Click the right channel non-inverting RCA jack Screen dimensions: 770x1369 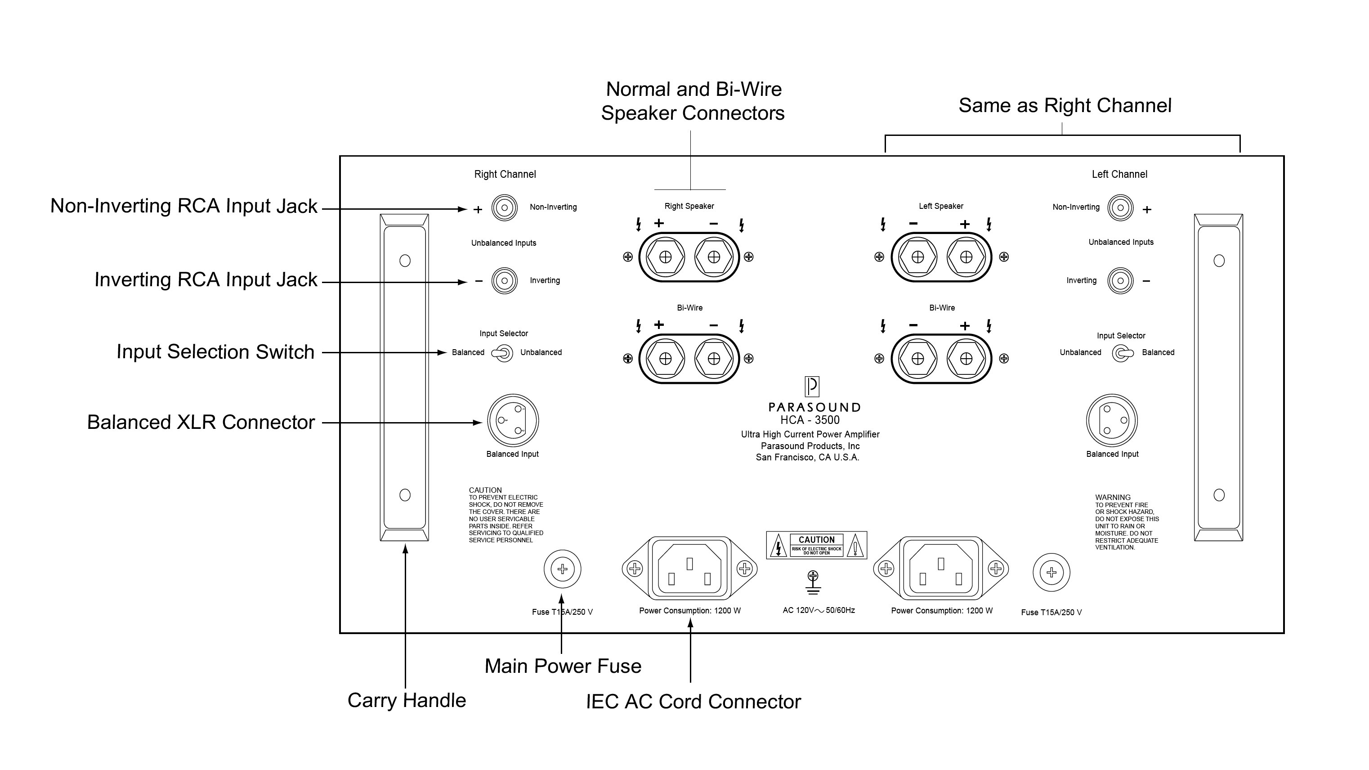pyautogui.click(x=504, y=207)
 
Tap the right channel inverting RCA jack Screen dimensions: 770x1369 pyautogui.click(x=504, y=281)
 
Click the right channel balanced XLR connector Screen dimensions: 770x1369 pyautogui.click(x=513, y=421)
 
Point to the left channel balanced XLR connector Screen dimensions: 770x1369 pyautogui.click(x=1112, y=421)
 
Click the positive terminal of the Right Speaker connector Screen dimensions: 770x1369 pyautogui.click(x=665, y=257)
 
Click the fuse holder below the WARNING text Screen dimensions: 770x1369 pyautogui.click(x=1051, y=573)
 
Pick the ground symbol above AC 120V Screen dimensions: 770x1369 pyautogui.click(x=813, y=582)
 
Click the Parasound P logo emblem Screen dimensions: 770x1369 pyautogui.click(x=811, y=387)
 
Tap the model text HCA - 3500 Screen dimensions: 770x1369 pyautogui.click(x=810, y=420)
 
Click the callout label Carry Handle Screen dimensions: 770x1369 pyautogui.click(x=407, y=700)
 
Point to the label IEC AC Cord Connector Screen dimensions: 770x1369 pyautogui.click(x=693, y=702)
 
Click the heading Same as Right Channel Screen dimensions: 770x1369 pyautogui.click(x=1065, y=106)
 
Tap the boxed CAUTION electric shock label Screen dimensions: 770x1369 pyautogui.click(x=816, y=545)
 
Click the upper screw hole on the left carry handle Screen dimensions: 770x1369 pyautogui.click(x=405, y=261)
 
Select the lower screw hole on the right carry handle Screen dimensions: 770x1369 pyautogui.click(x=1219, y=495)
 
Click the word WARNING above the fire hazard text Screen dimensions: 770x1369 pyautogui.click(x=1112, y=498)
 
